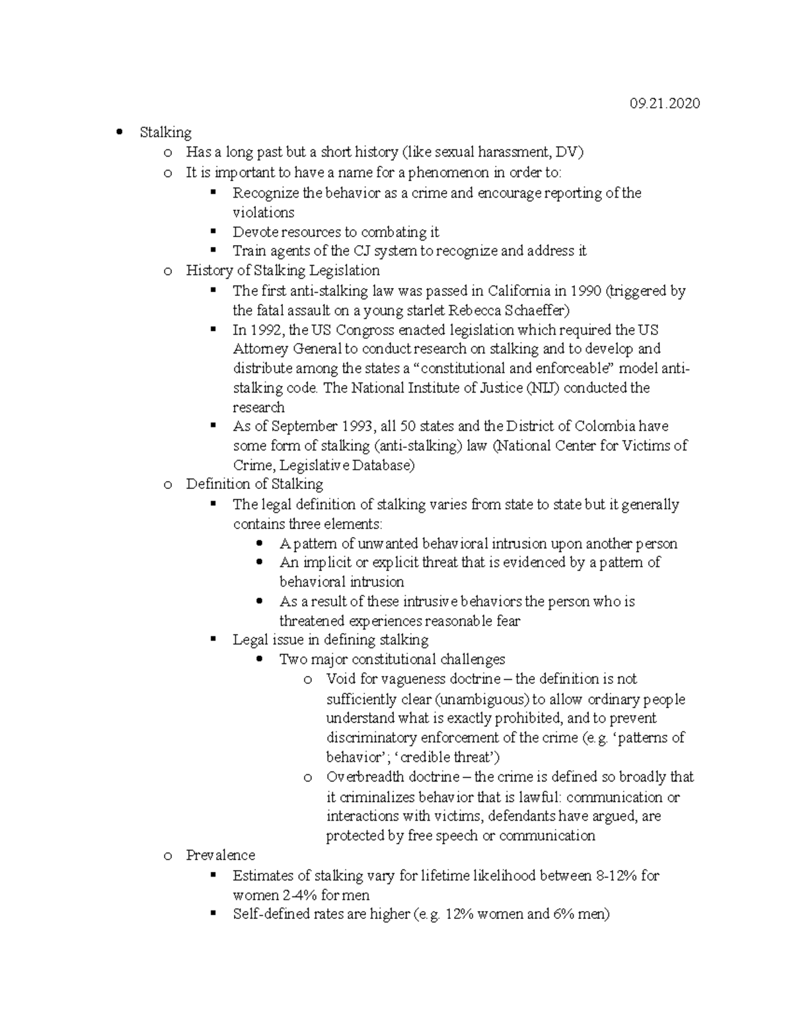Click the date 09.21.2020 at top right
click(x=665, y=104)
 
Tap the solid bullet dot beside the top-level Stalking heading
click(x=119, y=132)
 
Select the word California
click(x=519, y=291)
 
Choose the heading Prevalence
click(x=220, y=855)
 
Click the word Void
click(x=341, y=679)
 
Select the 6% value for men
click(x=563, y=914)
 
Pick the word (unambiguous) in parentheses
click(x=483, y=699)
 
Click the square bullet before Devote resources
click(x=213, y=231)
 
